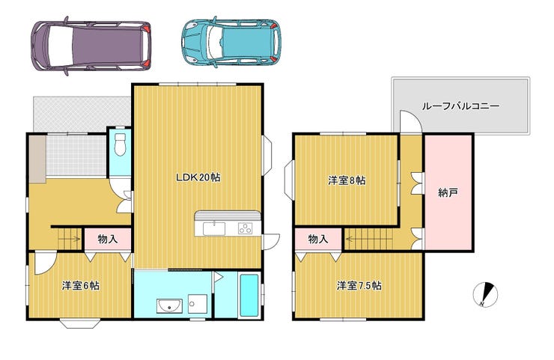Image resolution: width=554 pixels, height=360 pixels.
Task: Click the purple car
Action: coord(91,46)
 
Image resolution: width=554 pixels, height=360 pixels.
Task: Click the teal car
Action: coord(231,43)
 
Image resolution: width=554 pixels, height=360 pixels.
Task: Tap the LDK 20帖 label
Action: coord(198,177)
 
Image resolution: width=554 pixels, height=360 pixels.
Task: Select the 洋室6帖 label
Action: coord(81,285)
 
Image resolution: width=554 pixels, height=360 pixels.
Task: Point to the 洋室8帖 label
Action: coord(347,180)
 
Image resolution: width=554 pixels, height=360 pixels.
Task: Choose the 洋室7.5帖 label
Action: coord(359,285)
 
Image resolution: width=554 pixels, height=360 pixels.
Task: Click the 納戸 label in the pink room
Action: coord(448,192)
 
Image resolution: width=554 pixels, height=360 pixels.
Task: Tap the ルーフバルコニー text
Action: coord(460,106)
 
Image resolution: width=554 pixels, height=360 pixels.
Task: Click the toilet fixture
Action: coord(121,144)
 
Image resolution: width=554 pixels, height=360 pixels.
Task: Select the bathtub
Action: coord(249,296)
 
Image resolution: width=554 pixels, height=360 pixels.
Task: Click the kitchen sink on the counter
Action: coord(214,228)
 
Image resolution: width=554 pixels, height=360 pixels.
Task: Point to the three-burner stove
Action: coord(245,228)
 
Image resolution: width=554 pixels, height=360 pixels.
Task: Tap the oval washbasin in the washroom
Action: coord(170,306)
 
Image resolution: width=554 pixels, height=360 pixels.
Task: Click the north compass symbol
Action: coord(485,294)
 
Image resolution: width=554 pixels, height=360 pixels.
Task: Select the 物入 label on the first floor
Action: coord(107,240)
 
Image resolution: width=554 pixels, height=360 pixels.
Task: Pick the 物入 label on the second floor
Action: coord(318,240)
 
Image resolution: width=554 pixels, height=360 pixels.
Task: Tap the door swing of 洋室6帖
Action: coord(45,263)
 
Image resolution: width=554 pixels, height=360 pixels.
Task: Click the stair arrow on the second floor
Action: coord(369,240)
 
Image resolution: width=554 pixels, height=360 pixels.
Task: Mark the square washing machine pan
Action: coord(198,304)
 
